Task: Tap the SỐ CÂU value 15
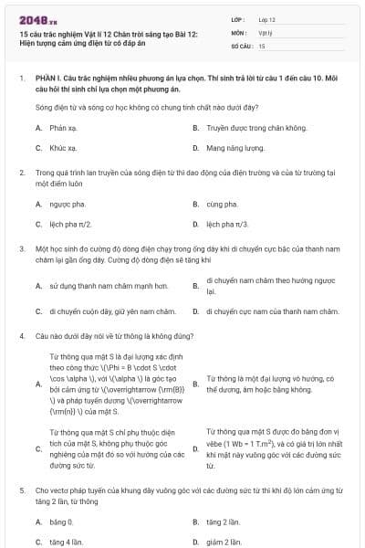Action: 262,45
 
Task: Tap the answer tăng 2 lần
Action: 223,522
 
